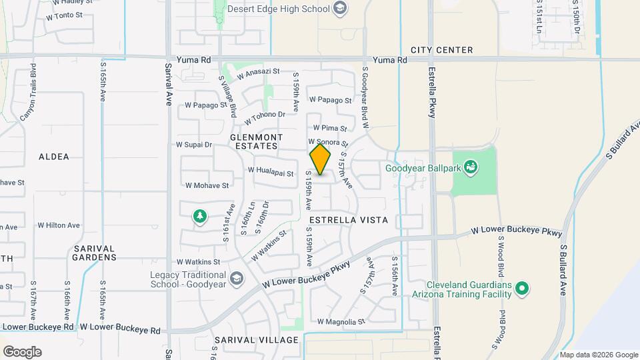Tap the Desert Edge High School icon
[x=340, y=9]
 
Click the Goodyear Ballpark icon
[x=470, y=167]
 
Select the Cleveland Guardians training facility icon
[x=523, y=289]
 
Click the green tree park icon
[x=199, y=215]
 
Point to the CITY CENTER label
[x=442, y=50]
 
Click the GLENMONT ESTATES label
[x=257, y=141]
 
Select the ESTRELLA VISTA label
[x=349, y=219]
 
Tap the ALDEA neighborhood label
[x=54, y=157]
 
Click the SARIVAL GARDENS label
[x=95, y=252]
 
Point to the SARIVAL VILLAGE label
[x=257, y=340]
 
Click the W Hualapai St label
[x=271, y=171]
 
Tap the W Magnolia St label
[x=341, y=321]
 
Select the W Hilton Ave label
[x=59, y=226]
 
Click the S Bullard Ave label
[x=563, y=270]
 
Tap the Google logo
[x=22, y=352]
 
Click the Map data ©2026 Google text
[x=599, y=355]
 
